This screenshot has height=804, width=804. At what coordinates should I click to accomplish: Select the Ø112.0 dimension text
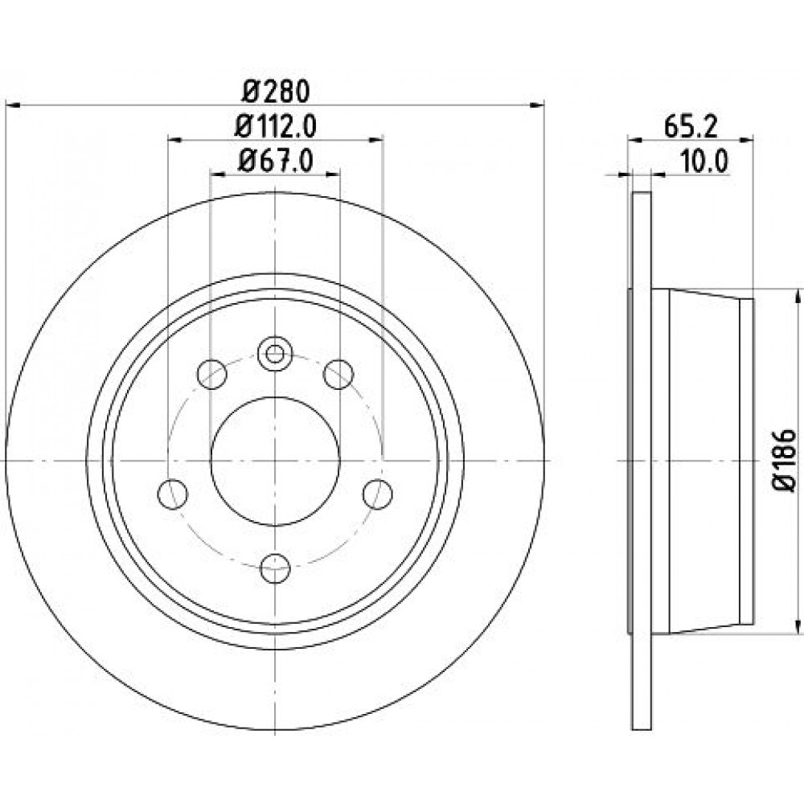click(275, 126)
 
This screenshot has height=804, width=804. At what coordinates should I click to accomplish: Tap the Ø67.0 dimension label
click(275, 162)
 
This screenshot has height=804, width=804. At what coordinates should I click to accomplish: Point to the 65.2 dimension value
click(690, 126)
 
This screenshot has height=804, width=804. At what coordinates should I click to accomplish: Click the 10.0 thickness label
click(704, 162)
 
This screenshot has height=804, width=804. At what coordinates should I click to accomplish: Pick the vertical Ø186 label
click(785, 461)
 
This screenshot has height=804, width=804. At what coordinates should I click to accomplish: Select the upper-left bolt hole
click(211, 374)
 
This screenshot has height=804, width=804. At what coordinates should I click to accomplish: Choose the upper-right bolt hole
click(339, 374)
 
